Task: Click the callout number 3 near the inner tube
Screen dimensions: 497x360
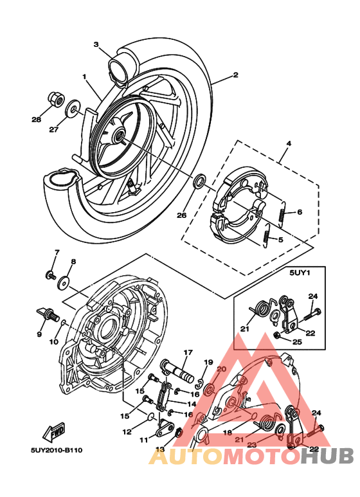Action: click(96, 45)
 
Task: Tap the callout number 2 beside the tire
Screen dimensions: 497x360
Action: click(235, 75)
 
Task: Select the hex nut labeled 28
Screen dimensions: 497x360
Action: click(55, 99)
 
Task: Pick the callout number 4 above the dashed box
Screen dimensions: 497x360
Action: click(289, 142)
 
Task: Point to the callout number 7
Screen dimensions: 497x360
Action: click(57, 252)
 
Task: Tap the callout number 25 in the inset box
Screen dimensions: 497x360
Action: click(296, 342)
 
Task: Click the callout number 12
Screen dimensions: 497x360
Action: click(127, 431)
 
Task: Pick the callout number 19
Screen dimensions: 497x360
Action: click(208, 363)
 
